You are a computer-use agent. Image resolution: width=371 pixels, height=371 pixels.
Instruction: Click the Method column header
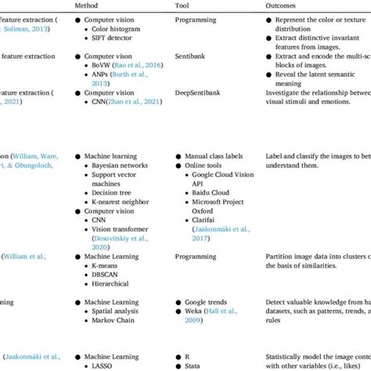[87, 5]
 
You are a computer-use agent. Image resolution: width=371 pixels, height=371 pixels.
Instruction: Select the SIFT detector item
[114, 38]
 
